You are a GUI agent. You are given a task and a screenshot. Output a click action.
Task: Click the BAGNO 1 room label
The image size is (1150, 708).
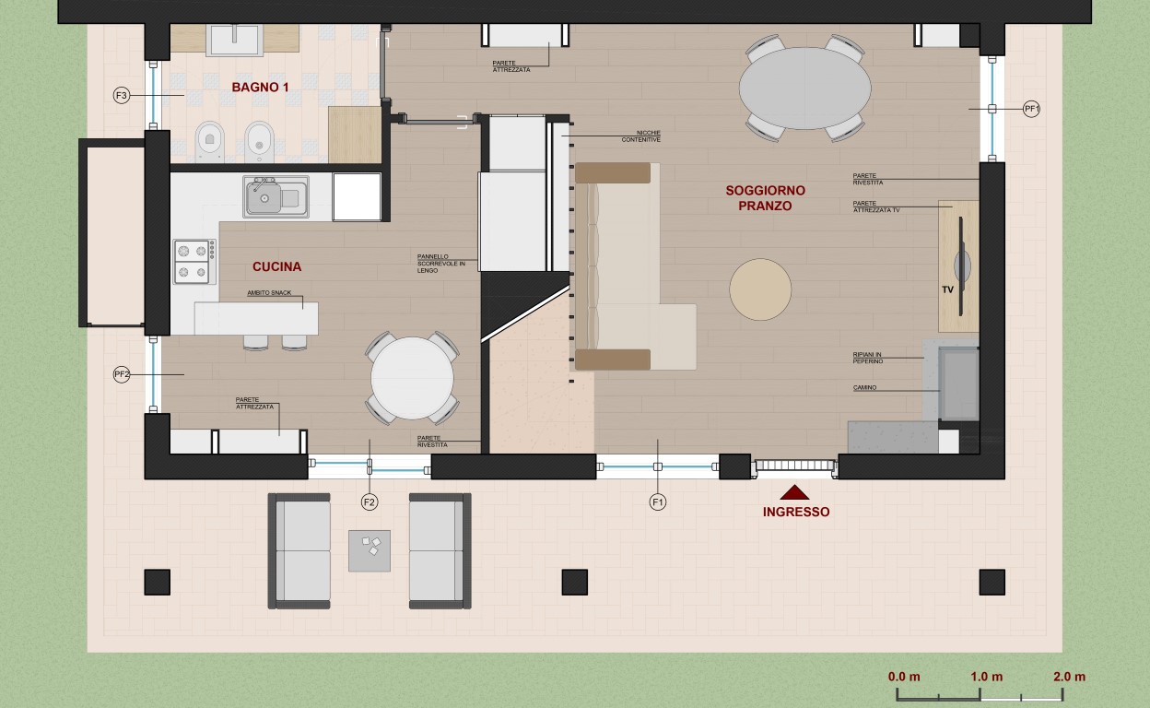[260, 88]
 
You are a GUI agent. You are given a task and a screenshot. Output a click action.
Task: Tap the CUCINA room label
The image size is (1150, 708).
[276, 266]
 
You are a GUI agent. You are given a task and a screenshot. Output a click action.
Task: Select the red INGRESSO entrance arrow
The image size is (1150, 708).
[794, 492]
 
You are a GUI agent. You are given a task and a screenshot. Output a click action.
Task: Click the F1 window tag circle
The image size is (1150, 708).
[658, 502]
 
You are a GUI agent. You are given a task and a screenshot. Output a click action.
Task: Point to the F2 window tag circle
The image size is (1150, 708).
[370, 502]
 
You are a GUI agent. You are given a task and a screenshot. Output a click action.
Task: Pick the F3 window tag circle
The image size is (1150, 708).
[122, 96]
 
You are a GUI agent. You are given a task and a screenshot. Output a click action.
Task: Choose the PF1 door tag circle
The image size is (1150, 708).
[1031, 109]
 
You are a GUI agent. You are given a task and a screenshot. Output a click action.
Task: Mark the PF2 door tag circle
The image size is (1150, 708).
[122, 374]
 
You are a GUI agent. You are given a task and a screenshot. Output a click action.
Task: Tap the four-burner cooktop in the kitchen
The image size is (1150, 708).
[194, 262]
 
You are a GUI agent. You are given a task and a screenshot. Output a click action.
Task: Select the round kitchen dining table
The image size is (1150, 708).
[412, 378]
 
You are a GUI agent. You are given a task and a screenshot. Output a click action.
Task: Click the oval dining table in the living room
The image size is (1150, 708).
[805, 88]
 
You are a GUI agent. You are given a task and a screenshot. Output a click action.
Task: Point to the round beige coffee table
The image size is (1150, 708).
[760, 289]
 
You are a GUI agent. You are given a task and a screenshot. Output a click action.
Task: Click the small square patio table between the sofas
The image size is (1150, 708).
[370, 550]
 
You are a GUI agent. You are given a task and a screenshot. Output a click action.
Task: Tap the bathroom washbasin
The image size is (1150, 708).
[235, 39]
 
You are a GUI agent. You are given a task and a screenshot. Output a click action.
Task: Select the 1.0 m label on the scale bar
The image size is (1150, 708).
[986, 677]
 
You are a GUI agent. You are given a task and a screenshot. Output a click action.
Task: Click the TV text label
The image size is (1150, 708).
[947, 289]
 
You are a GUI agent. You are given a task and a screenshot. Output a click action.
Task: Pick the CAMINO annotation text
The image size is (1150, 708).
[864, 388]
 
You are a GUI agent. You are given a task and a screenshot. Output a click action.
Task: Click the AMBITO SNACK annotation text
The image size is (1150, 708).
[269, 293]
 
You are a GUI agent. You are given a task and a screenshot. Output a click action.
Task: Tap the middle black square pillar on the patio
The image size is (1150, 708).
[574, 582]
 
